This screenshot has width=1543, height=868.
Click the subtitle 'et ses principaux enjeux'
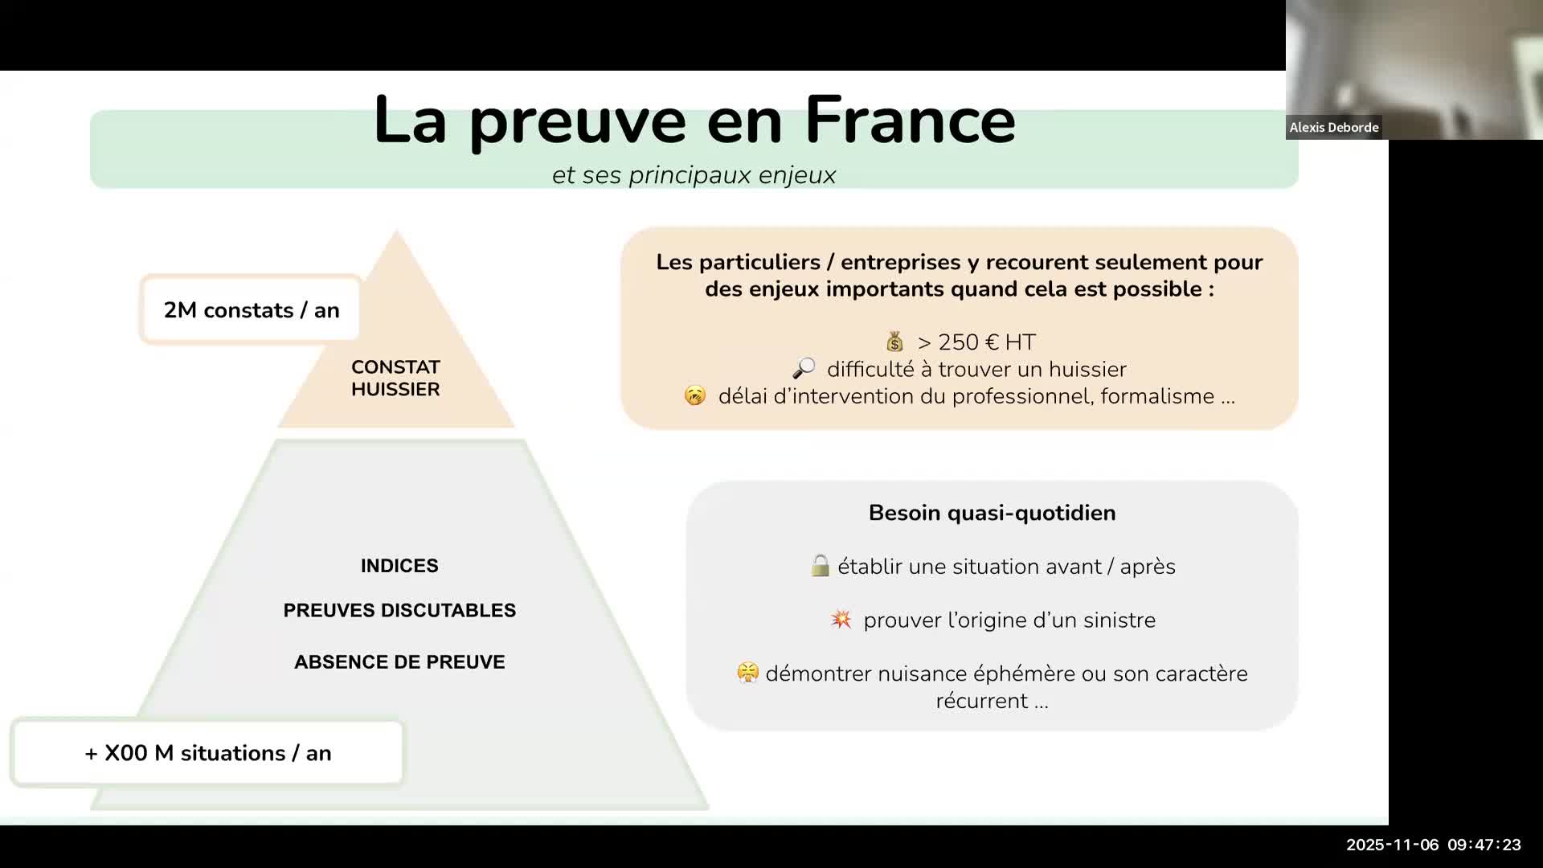[694, 175]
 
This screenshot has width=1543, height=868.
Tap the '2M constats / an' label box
[251, 310]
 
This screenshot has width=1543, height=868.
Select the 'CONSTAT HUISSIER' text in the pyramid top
[395, 378]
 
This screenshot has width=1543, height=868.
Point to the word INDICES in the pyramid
[399, 566]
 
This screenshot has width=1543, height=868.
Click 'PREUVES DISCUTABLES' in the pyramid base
[399, 611]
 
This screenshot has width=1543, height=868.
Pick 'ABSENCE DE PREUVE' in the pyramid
[399, 662]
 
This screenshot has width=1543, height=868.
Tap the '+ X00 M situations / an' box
[207, 753]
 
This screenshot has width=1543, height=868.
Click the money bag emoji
[894, 342]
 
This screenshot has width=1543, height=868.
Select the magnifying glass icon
[804, 369]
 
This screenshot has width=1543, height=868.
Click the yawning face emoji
[695, 395]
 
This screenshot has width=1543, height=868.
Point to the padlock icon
[820, 566]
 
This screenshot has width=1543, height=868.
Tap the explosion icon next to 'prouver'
[841, 620]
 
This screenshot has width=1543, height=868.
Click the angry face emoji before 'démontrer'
[747, 673]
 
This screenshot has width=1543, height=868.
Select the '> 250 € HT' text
[976, 342]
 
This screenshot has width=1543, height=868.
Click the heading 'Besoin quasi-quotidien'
[993, 513]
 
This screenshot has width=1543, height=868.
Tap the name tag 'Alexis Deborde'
[1334, 127]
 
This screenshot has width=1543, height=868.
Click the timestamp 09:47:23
[1484, 845]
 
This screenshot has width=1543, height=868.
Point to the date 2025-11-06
[1393, 845]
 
